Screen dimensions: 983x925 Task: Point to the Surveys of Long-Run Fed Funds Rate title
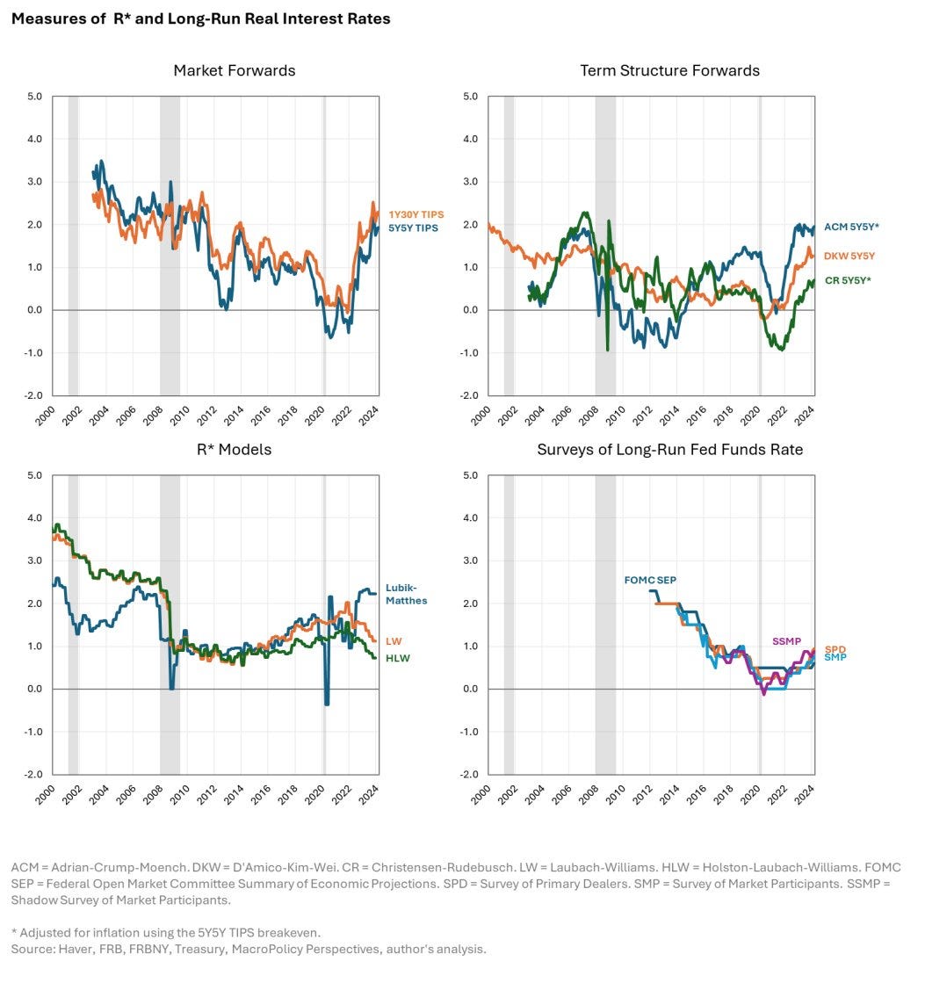pos(668,450)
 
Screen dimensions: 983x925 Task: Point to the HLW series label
pos(397,658)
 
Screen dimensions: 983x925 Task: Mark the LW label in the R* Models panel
pos(393,641)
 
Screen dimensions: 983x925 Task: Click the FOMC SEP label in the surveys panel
pos(650,580)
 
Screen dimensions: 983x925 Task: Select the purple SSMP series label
pos(786,641)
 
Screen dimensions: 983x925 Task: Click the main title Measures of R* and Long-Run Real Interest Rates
pos(201,18)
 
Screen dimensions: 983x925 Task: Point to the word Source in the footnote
pos(32,950)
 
